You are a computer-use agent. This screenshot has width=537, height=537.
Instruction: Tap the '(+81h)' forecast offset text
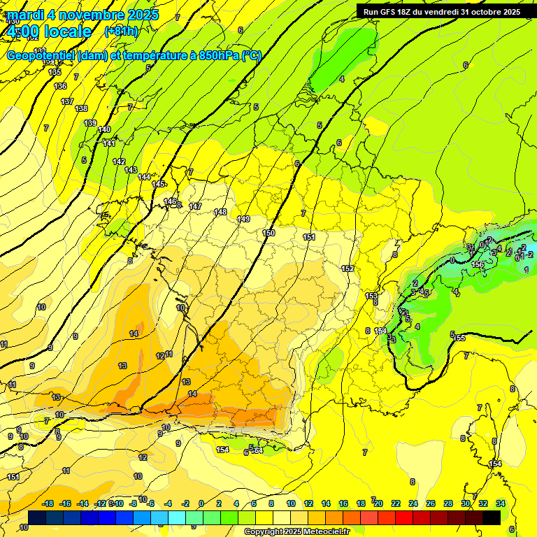(121, 31)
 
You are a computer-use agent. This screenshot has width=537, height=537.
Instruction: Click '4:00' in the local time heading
(22, 31)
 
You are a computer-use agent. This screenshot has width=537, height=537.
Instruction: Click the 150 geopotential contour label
(268, 233)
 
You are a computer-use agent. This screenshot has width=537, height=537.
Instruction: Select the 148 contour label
(220, 212)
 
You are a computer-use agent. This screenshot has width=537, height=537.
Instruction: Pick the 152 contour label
(347, 269)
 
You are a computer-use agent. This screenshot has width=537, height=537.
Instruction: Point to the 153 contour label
(371, 296)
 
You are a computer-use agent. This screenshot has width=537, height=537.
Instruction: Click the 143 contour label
(130, 170)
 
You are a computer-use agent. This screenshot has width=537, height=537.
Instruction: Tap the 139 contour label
(90, 123)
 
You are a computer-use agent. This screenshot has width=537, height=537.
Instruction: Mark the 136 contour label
(60, 86)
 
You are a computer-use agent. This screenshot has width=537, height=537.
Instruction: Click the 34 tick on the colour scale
(501, 503)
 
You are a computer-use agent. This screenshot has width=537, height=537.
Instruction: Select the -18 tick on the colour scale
(48, 503)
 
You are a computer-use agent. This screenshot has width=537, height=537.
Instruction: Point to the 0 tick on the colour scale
(201, 503)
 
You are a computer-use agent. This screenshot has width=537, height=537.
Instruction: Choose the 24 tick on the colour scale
(413, 503)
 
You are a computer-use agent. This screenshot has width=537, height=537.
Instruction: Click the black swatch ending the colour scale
(492, 517)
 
